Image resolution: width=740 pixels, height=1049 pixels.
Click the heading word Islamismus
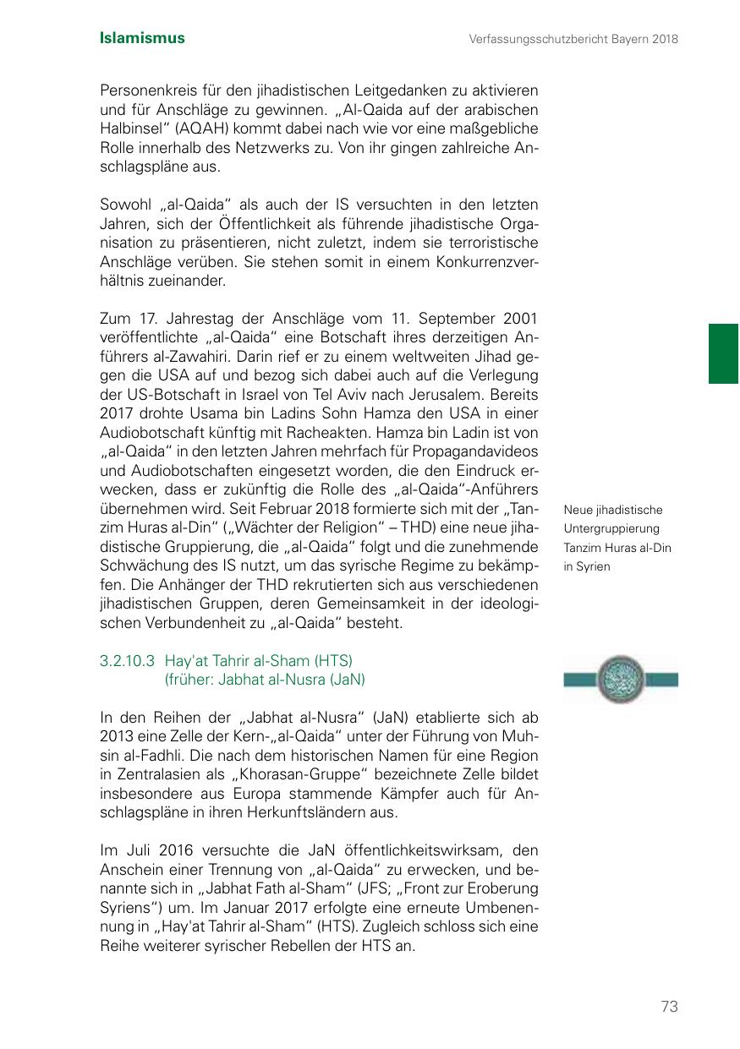(142, 38)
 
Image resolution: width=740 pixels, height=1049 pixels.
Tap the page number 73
(669, 1006)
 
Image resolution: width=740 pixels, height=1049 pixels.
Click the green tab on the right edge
(723, 353)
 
